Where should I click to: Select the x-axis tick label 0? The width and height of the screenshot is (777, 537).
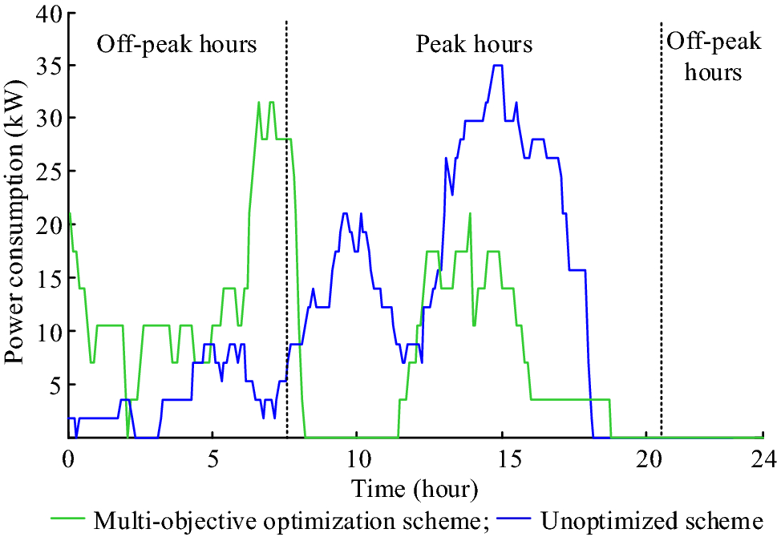68,460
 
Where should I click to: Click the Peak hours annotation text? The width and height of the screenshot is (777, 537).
474,44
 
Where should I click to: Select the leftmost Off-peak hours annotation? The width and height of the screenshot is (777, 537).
176,44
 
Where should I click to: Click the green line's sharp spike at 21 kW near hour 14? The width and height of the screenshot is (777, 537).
470,214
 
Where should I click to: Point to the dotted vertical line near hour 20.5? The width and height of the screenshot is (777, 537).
661,240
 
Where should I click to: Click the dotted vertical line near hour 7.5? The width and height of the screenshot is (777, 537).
286,240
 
